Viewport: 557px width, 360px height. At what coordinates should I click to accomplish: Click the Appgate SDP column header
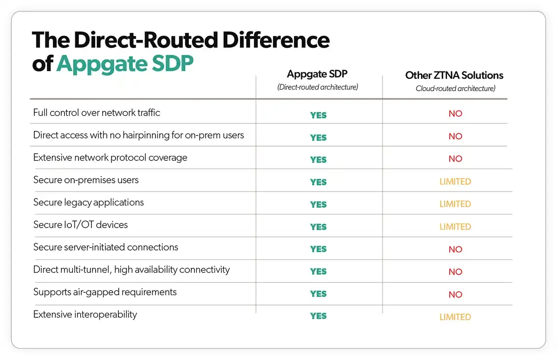point(318,74)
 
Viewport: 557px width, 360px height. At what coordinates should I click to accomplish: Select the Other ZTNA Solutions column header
point(454,75)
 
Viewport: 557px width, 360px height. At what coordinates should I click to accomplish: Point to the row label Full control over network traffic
point(97,113)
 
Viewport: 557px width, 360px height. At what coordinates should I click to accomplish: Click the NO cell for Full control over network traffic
point(455,114)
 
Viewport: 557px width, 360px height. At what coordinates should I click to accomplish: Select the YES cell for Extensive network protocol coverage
point(318,160)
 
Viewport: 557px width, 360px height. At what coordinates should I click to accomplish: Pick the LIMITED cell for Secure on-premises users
point(455,181)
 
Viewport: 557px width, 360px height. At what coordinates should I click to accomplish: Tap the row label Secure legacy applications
point(89,202)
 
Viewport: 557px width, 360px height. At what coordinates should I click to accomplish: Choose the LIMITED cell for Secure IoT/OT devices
point(455,226)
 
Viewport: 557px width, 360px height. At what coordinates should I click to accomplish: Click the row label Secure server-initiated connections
point(106,247)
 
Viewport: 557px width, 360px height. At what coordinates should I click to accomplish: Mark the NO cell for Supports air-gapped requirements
point(455,294)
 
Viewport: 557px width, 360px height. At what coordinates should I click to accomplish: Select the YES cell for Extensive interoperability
point(318,316)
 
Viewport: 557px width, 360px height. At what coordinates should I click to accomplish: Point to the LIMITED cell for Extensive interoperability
point(455,317)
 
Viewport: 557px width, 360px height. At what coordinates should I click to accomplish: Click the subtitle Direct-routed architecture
point(318,87)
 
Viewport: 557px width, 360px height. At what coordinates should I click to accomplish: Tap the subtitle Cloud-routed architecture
point(455,88)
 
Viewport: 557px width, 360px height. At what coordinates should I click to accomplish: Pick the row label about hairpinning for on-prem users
point(138,135)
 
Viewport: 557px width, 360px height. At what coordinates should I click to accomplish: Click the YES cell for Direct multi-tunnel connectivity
point(318,271)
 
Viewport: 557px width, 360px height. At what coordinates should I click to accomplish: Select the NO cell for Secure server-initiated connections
point(455,249)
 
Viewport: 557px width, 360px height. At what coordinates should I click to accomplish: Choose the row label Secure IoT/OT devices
point(80,225)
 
